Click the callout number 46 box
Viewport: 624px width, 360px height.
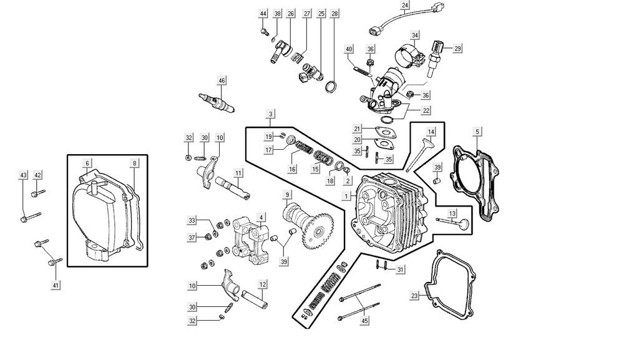222,80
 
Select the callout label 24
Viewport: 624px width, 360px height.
406,6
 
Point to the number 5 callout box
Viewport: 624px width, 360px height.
477,132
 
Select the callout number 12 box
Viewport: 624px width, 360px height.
263,285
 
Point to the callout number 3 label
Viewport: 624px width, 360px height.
271,114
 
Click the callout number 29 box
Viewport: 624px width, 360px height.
457,48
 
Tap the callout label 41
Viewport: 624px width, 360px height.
56,285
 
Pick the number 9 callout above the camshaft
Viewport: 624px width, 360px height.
287,195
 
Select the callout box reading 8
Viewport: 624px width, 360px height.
134,163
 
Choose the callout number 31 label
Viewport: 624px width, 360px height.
401,270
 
